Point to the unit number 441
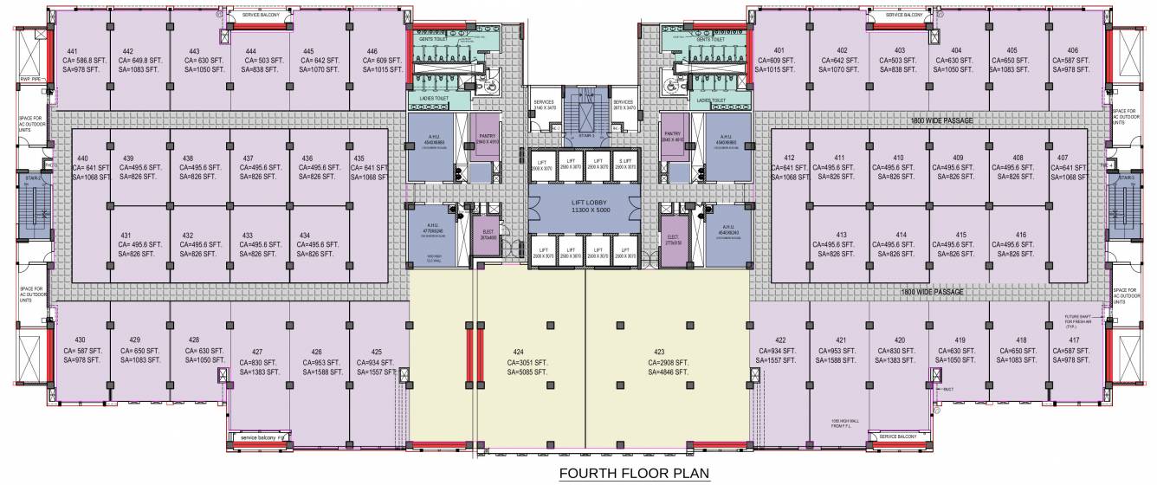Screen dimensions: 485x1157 coord(74,51)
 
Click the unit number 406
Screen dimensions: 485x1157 coord(1072,50)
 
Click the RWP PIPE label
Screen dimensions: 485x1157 coord(31,79)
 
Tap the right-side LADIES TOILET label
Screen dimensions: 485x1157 coord(716,101)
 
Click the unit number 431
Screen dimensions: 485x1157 coord(126,236)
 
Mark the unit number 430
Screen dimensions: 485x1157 coord(81,339)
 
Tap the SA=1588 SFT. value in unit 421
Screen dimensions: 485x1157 coord(835,359)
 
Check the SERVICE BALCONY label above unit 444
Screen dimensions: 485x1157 coord(264,16)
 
